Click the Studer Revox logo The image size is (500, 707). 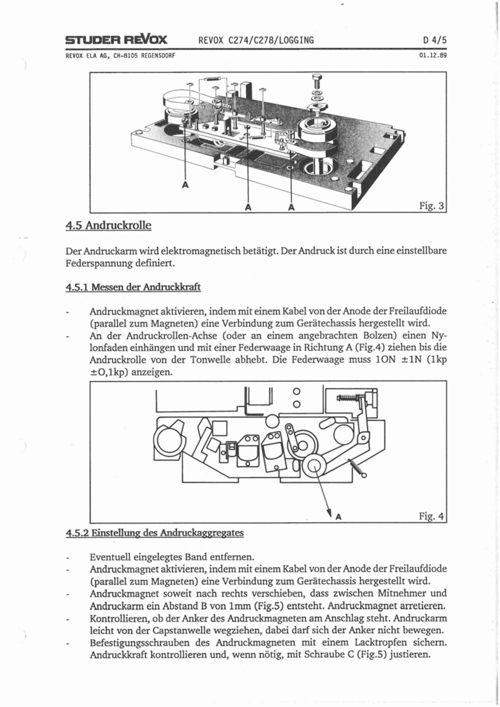click(x=116, y=40)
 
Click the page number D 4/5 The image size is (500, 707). click(x=435, y=40)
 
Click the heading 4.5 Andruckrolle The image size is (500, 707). click(x=108, y=226)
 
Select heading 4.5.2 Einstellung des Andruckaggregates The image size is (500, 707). click(x=155, y=532)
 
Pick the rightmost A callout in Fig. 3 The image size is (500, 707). click(x=291, y=208)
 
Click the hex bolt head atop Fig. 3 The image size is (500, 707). click(x=317, y=77)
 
